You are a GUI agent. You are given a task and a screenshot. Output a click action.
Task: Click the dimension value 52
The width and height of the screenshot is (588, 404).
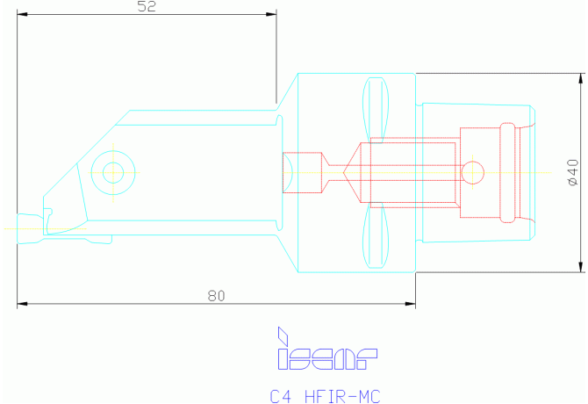coord(147,6)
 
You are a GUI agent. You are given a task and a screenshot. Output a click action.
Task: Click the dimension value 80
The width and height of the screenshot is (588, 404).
coord(217,296)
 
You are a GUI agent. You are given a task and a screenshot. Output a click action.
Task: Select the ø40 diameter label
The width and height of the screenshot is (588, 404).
coord(573,172)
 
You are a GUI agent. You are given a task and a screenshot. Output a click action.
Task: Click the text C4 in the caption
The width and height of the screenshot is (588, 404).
coord(280,396)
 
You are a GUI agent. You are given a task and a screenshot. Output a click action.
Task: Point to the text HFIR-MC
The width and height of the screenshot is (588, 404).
coord(342,396)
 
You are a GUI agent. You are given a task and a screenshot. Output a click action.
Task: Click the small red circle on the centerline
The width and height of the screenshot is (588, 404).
coord(472,172)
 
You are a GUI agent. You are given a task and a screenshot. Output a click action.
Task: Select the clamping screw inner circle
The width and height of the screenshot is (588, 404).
coord(113,172)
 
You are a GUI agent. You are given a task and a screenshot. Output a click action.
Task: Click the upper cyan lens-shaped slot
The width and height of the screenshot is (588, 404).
coord(376,110)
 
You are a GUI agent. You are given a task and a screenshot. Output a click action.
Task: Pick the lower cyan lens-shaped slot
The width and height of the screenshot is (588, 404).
coord(376,235)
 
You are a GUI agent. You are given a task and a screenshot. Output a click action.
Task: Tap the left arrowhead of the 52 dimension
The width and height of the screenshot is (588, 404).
coord(22,14)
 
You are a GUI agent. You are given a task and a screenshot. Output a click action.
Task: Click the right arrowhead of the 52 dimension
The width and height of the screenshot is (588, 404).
coord(271,14)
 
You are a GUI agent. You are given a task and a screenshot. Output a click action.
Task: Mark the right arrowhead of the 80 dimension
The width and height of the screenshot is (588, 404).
coord(410,304)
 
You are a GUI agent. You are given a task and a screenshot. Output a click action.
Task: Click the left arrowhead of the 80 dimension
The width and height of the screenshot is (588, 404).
coord(22,304)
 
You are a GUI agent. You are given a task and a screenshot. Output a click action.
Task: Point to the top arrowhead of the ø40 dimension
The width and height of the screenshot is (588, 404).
coord(581,79)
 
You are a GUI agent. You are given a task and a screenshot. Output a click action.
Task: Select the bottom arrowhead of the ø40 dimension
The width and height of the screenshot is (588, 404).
coord(581,267)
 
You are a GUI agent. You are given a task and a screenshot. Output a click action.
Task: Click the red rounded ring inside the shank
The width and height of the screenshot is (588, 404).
coord(508,172)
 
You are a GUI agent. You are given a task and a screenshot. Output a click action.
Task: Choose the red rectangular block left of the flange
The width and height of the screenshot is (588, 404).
coord(302,172)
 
